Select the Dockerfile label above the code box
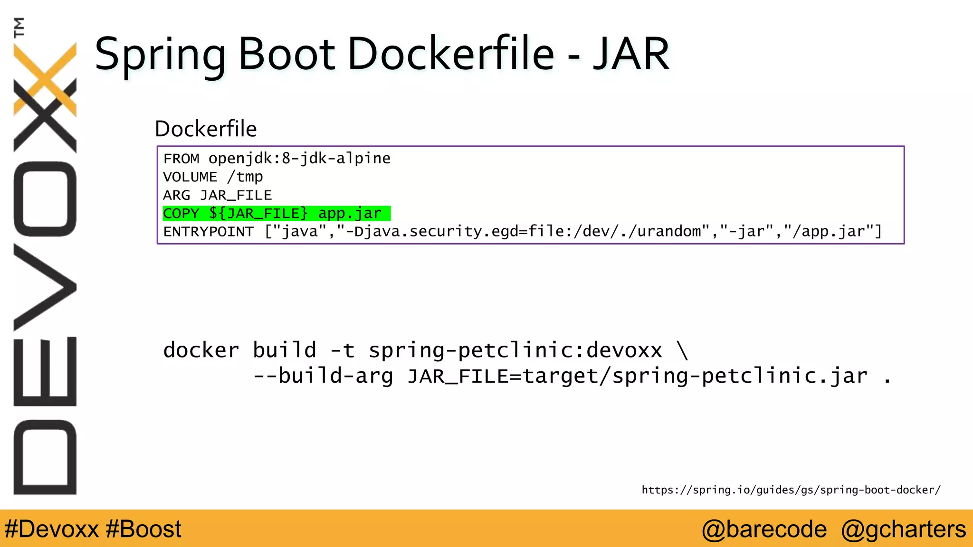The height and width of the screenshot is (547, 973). coord(206,129)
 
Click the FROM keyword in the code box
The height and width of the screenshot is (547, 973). coord(181,159)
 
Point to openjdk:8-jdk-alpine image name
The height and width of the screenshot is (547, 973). coord(299,158)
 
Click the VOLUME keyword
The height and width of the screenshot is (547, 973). coord(190,177)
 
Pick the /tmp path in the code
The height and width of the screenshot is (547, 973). coord(245,177)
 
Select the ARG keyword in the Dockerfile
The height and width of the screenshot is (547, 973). coord(176,195)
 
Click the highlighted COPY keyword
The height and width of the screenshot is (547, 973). coord(181,214)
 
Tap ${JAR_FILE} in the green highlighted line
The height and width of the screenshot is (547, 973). coord(258,214)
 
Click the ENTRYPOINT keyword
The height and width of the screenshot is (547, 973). coord(209,232)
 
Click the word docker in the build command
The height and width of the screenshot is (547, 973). coord(201,350)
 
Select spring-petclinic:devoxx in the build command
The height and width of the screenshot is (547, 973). coord(515,350)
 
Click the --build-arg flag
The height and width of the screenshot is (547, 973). coord(323,376)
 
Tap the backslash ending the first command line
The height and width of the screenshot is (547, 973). coord(682,350)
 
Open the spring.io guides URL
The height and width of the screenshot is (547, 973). coord(791,490)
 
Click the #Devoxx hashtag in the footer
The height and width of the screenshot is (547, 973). coord(51,529)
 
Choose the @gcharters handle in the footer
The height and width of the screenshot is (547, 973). coord(903,529)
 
